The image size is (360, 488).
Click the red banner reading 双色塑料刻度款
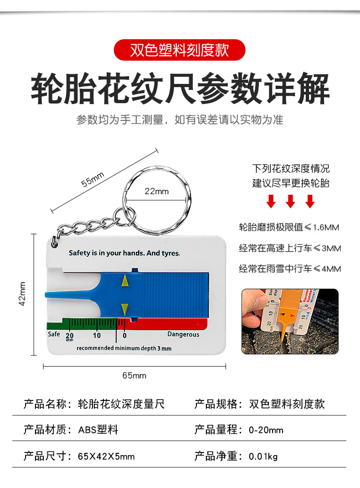pyautogui.click(x=180, y=50)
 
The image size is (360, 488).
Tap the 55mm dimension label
pyautogui.click(x=93, y=179)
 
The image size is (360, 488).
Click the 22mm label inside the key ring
pyautogui.click(x=156, y=191)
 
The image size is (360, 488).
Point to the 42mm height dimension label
pyautogui.click(x=23, y=294)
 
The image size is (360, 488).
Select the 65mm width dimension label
pyautogui.click(x=134, y=376)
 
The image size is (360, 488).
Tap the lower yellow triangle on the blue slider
pyautogui.click(x=125, y=308)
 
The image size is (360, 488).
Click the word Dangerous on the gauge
pyautogui.click(x=183, y=334)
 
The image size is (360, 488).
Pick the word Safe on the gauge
pyautogui.click(x=54, y=334)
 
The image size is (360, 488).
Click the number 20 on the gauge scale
pyautogui.click(x=70, y=336)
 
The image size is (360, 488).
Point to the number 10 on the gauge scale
pyautogui.click(x=97, y=336)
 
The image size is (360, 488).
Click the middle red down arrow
pyautogui.click(x=290, y=201)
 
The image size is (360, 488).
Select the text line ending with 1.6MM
pyautogui.click(x=289, y=227)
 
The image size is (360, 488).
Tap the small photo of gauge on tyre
pyautogui.click(x=290, y=321)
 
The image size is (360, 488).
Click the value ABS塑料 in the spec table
pyautogui.click(x=98, y=430)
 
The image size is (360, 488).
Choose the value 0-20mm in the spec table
pyautogui.click(x=266, y=430)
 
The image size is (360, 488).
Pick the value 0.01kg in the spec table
pyautogui.click(x=263, y=456)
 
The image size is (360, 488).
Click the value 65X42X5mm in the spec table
pyautogui.click(x=106, y=456)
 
